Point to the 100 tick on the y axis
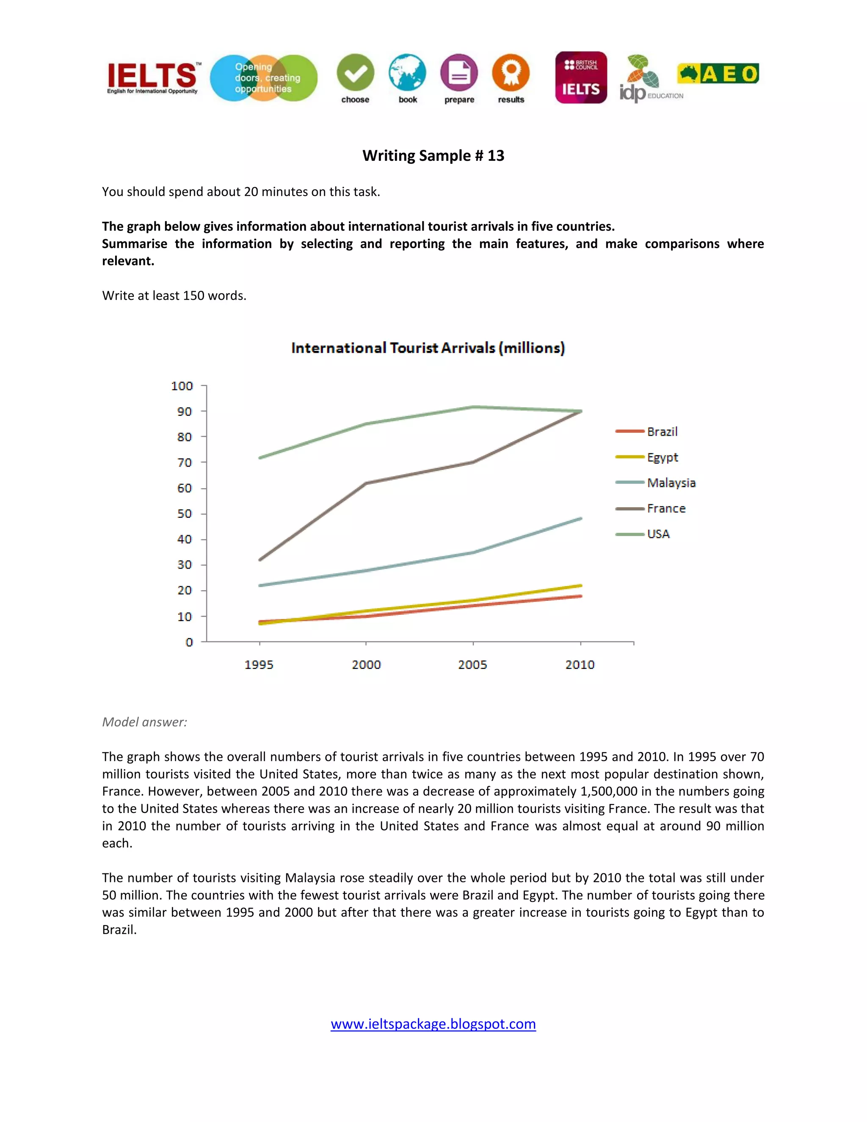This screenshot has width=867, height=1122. [x=182, y=386]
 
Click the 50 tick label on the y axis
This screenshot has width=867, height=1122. [x=185, y=514]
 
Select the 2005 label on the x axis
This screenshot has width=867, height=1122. [x=472, y=665]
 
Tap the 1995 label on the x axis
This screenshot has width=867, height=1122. [x=259, y=665]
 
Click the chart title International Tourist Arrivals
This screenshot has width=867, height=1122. [x=428, y=348]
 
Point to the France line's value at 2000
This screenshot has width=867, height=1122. [x=366, y=483]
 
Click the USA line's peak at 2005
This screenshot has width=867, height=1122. [x=473, y=407]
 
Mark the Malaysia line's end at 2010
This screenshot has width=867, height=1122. [x=581, y=518]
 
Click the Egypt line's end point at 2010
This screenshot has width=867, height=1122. [x=581, y=586]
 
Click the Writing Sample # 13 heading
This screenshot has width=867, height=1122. [x=433, y=156]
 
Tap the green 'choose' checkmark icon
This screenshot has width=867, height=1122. [x=356, y=72]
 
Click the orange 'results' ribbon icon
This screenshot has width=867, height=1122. [x=511, y=72]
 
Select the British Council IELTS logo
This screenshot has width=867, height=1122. [x=581, y=77]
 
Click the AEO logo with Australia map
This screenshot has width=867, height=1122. [x=718, y=74]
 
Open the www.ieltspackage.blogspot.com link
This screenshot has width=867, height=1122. [x=433, y=1024]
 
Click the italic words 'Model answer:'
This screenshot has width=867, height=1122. [x=144, y=722]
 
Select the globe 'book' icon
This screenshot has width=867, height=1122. [x=407, y=72]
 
